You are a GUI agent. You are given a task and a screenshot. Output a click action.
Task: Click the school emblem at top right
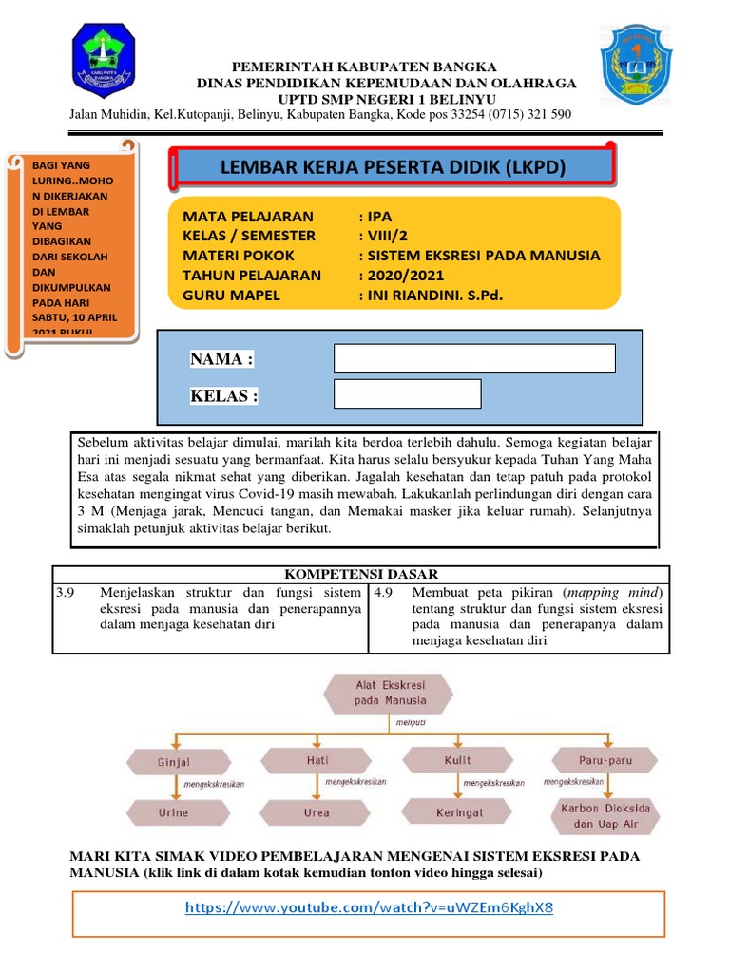click(x=636, y=65)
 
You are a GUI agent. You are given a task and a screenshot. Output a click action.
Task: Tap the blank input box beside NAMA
click(x=474, y=358)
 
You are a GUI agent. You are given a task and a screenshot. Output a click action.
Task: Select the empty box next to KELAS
click(x=408, y=393)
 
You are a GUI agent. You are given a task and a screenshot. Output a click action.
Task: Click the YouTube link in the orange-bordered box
click(x=369, y=907)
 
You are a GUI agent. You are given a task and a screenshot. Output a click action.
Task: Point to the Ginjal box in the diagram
click(x=174, y=761)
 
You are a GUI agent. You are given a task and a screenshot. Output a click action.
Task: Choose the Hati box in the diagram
click(x=317, y=760)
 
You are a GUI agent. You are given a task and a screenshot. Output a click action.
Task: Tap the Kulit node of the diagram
click(x=457, y=760)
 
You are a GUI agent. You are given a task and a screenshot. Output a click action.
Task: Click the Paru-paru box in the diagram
click(x=605, y=760)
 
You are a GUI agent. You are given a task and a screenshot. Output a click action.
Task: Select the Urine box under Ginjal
click(x=174, y=812)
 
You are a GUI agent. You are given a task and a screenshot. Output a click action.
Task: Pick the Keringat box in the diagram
click(x=459, y=812)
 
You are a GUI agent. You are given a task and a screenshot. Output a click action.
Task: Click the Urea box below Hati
click(x=317, y=812)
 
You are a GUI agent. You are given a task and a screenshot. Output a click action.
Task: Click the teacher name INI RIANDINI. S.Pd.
click(x=430, y=296)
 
